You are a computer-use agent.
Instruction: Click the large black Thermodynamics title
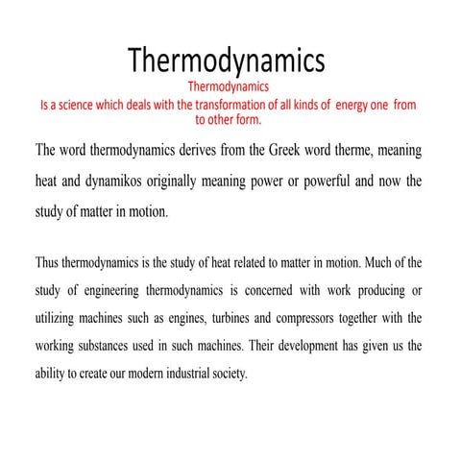tap(227, 61)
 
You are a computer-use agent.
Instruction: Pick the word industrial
tap(189, 375)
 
